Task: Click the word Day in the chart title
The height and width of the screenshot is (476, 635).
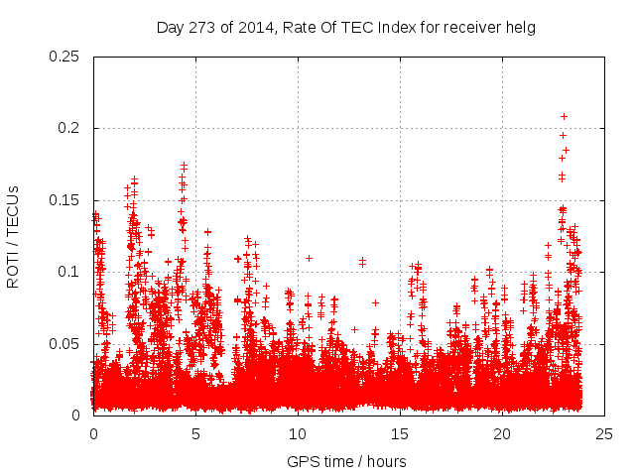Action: pos(170,28)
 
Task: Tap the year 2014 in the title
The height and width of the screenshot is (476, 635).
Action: pos(249,28)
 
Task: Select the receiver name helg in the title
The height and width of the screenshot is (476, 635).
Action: pos(521,28)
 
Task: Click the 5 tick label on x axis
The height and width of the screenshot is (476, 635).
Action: pos(195,434)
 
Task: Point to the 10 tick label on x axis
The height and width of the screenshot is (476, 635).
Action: pos(298,434)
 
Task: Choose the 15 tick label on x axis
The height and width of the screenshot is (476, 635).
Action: pos(400,434)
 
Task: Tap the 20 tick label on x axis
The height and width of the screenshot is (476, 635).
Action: pos(502,434)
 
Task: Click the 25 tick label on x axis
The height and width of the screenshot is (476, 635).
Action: pos(604,434)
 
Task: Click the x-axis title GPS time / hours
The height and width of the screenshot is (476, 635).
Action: pos(346,461)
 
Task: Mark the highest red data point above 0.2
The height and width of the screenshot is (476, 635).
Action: pos(564,116)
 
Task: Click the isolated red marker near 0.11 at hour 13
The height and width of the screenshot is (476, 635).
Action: pos(362,262)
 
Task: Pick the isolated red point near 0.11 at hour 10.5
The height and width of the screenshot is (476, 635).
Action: pos(309,258)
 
